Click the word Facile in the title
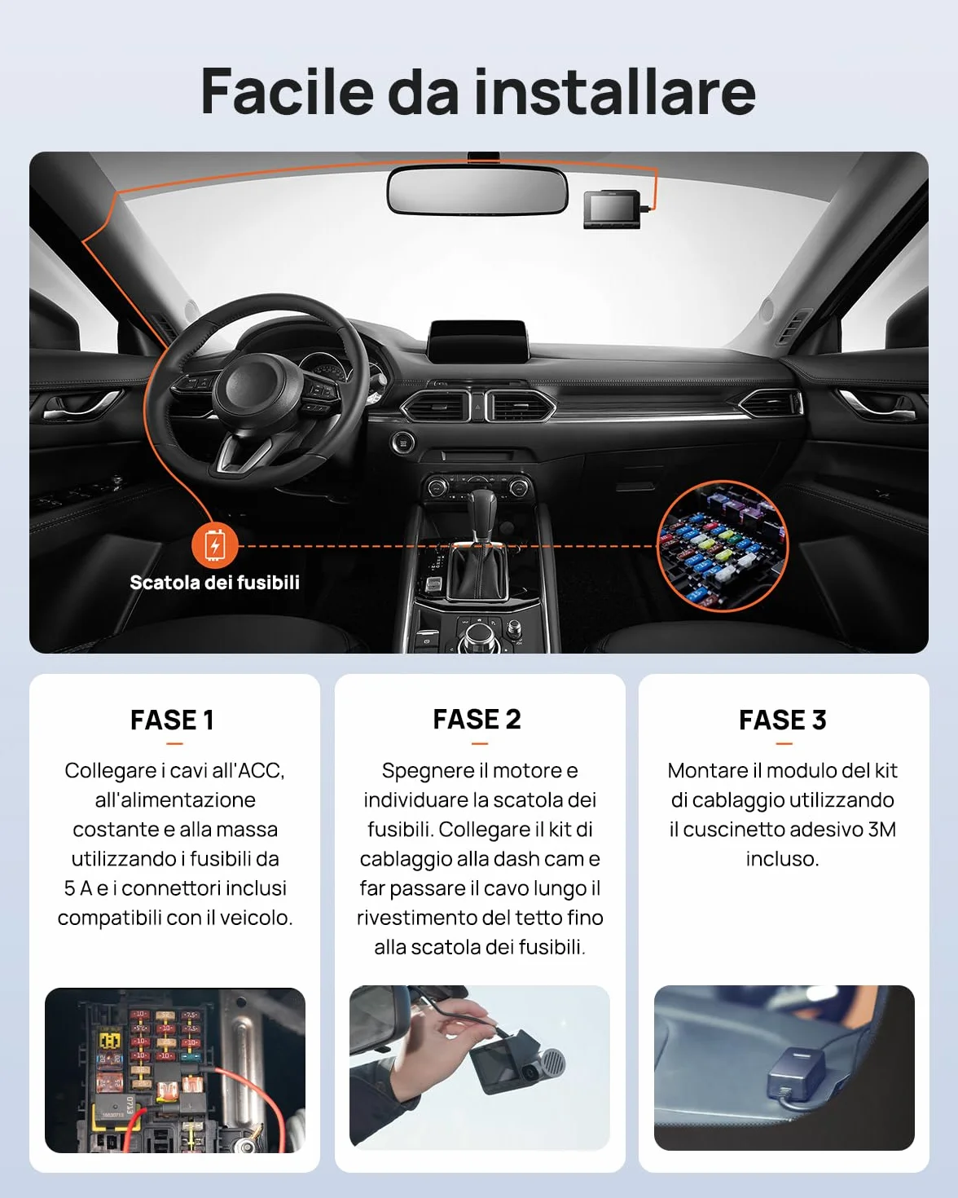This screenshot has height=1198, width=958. point(287,91)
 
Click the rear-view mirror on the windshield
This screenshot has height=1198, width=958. point(477,191)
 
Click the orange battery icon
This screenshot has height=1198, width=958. point(214,545)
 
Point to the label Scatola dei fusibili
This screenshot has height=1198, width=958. point(214,583)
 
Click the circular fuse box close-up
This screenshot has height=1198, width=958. point(723,545)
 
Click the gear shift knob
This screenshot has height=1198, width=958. point(481,509)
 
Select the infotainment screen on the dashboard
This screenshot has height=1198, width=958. point(477,341)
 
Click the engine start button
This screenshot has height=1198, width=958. point(402,443)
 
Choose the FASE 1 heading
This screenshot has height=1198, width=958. point(172,720)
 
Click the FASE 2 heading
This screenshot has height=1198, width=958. point(477,720)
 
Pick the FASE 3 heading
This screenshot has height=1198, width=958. point(783,720)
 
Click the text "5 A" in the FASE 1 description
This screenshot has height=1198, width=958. point(78,888)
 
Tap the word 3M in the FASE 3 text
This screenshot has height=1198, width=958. point(882,830)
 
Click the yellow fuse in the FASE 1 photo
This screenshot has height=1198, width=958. point(110,1039)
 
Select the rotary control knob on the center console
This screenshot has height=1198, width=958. point(477,635)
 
